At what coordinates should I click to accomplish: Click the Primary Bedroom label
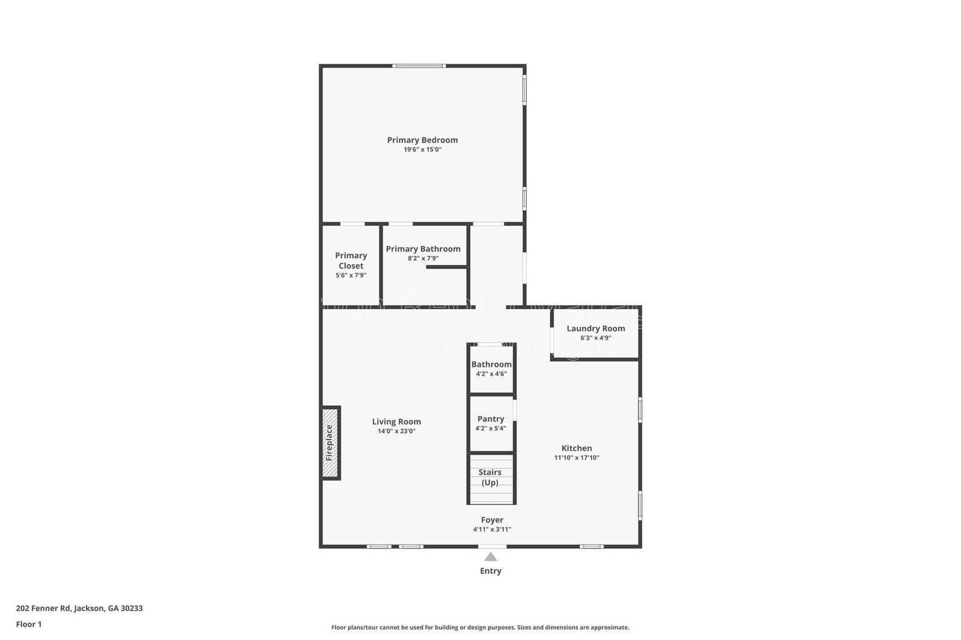point(422,140)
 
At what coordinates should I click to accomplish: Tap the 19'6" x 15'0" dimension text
point(422,149)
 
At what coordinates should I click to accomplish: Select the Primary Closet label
point(351,261)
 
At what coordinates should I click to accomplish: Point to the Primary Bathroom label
point(423,249)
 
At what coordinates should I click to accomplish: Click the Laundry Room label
point(595,328)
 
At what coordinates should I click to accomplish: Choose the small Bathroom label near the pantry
point(491,364)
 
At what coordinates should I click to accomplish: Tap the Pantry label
point(491,419)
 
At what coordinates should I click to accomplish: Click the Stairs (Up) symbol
point(491,478)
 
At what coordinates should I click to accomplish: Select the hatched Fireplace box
point(330,443)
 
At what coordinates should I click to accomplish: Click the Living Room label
point(396,421)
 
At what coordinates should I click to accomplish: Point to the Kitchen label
point(577,448)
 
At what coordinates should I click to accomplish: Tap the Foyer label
point(492,520)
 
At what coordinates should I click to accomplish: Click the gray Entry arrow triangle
point(491,557)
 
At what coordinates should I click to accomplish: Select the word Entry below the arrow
point(491,571)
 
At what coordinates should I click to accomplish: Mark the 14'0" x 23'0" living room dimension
point(396,431)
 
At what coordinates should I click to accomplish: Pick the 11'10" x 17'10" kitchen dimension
point(577,457)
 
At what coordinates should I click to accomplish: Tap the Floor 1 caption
point(29,624)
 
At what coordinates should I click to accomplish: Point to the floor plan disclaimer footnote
point(480,627)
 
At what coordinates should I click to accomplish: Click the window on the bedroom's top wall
point(419,65)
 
